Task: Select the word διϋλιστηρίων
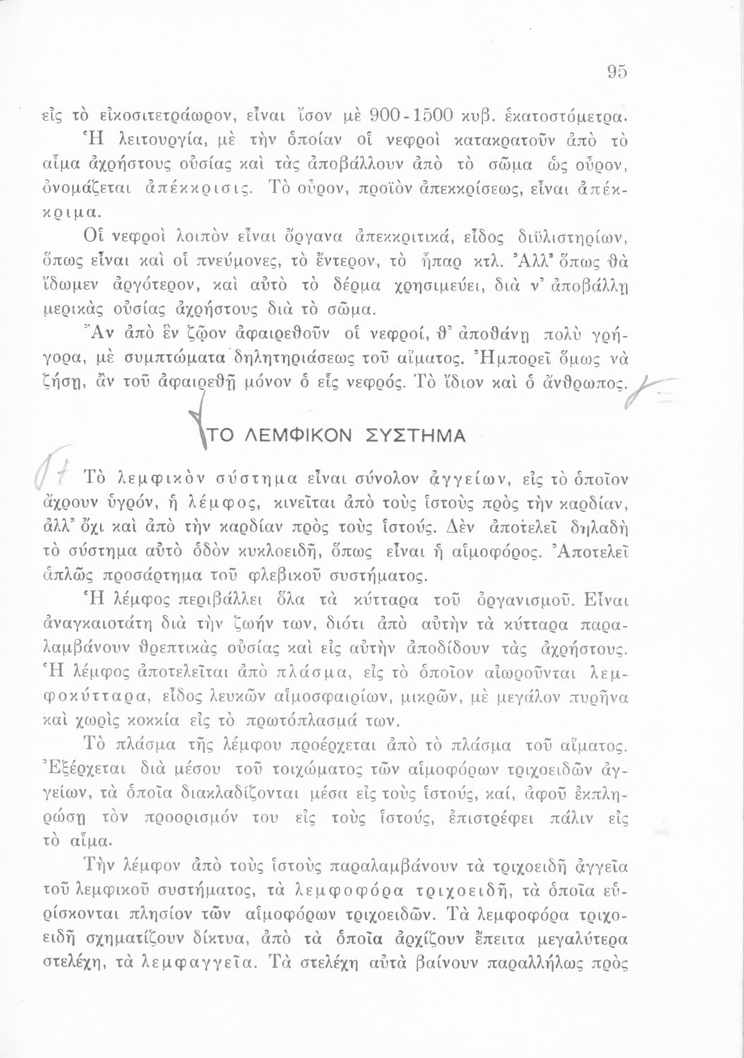pyautogui.click(x=577, y=234)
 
